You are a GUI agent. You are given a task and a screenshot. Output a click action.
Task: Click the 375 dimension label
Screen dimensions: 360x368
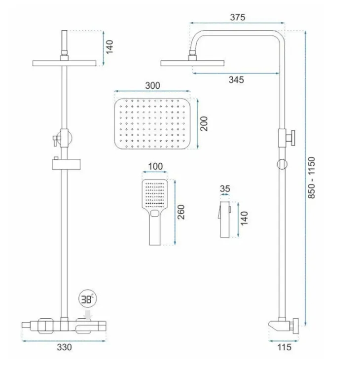coord(238,17)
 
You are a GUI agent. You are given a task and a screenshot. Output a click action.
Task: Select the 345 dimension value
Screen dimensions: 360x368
coord(236,80)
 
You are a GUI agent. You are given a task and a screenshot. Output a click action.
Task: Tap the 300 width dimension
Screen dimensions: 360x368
coord(153,86)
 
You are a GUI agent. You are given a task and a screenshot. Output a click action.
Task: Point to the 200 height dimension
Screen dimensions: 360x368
coord(204,123)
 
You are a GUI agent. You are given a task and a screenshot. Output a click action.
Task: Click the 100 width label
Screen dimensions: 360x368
coord(155,166)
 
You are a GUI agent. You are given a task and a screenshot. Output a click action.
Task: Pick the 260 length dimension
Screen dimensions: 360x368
coord(181,212)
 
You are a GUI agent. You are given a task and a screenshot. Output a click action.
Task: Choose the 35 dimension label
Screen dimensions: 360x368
coord(225,189)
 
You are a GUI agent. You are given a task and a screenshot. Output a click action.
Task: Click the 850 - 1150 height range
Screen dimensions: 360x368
coord(311,178)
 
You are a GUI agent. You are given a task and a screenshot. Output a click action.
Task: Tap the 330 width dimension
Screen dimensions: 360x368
coord(64,347)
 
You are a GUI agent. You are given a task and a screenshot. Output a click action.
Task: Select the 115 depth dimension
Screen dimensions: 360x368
coord(284,347)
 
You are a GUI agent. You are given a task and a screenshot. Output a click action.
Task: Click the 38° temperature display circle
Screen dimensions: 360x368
coord(88,299)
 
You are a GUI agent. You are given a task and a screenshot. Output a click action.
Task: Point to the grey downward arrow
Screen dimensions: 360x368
coord(88,315)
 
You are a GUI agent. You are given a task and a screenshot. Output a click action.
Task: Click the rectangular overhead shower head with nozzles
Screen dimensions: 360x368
coord(152,124)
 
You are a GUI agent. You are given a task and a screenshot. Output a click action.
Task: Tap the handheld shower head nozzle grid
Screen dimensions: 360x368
coord(155,194)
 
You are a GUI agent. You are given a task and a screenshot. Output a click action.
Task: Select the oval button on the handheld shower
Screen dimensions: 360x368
coord(155,213)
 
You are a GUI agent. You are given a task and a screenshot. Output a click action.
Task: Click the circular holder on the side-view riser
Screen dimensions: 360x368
coord(282,164)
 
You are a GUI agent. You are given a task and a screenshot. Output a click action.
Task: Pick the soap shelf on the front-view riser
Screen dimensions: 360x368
coord(66,164)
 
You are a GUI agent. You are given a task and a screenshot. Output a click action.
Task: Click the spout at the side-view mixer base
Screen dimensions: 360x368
coord(274,325)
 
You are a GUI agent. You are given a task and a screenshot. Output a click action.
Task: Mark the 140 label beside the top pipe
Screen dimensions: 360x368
coord(109,47)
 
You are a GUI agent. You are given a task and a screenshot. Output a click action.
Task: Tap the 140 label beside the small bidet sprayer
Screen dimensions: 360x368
coord(244,218)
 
